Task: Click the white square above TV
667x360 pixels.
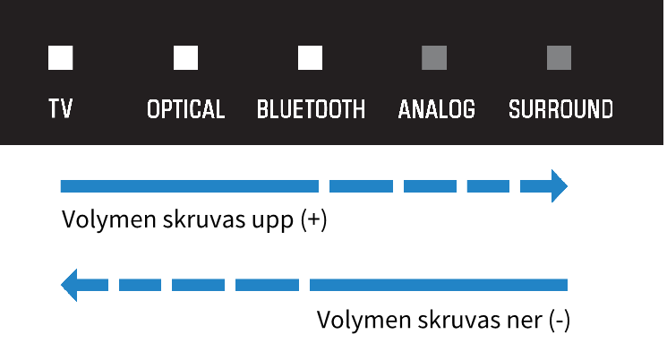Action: point(60,57)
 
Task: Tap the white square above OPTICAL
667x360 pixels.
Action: point(185,57)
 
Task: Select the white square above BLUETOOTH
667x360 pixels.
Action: point(310,57)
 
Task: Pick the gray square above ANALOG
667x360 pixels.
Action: point(434,57)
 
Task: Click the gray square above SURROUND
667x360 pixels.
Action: point(560,57)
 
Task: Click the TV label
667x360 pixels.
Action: point(60,109)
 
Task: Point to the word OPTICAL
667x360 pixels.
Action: point(185,109)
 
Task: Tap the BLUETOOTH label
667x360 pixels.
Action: point(311,109)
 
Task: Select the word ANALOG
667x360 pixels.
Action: point(436,109)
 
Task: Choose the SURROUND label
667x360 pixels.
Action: point(560,109)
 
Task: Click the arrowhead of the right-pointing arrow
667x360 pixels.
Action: point(559,186)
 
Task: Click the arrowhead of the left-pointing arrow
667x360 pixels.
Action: point(69,285)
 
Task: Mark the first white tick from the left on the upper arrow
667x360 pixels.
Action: point(324,186)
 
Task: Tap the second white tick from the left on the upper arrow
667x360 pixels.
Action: point(398,186)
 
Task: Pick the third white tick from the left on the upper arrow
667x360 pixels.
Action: point(462,186)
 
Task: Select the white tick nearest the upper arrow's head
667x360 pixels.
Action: point(515,186)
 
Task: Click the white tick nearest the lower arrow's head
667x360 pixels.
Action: point(114,285)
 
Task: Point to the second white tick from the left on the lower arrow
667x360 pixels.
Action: point(167,285)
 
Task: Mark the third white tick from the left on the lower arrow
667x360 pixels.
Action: point(230,285)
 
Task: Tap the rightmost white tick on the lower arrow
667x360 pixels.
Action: point(304,285)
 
